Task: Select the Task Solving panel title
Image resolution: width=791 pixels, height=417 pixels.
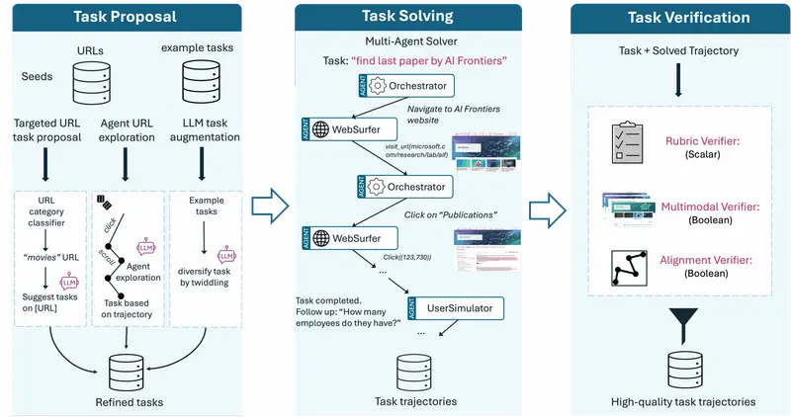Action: (x=408, y=16)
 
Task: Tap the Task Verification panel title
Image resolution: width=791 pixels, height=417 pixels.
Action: (x=683, y=18)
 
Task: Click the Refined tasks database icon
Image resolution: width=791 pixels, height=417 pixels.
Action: (x=127, y=372)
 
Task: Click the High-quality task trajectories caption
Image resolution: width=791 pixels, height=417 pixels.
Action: (x=682, y=401)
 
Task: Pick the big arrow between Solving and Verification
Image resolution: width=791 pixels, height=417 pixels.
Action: (x=545, y=206)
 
